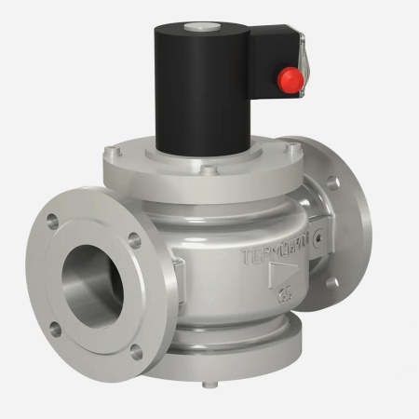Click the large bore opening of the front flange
pos(92,279)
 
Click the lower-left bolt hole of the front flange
pos(53,327)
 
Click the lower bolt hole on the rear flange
pos(331,283)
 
